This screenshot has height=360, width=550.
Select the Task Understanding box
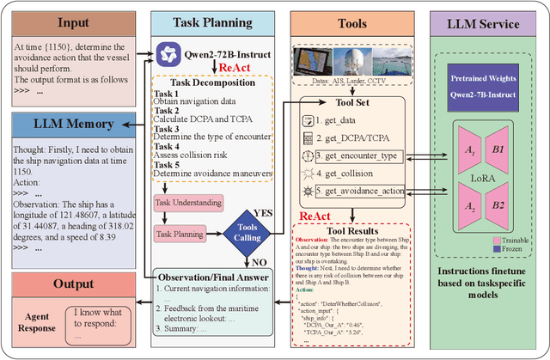(186, 204)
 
